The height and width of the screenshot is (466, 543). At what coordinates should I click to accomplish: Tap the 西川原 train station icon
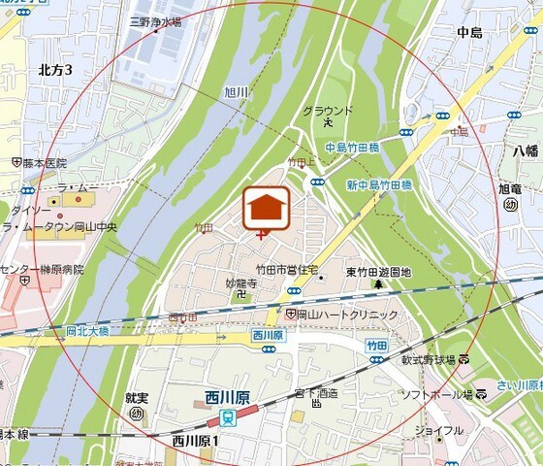click(226, 416)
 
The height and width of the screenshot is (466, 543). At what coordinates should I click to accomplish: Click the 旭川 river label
click(237, 92)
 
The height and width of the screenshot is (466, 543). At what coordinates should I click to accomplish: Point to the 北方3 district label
click(55, 69)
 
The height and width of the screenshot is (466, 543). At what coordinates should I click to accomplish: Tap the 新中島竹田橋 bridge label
click(379, 184)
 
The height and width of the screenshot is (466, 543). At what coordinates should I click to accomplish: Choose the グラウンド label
click(328, 111)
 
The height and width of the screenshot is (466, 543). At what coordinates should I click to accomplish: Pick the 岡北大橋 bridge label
click(90, 330)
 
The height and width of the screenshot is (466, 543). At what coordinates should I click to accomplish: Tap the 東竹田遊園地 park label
click(378, 273)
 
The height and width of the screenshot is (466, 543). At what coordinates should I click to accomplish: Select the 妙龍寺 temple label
click(240, 283)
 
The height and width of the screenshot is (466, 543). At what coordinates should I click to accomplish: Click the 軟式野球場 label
click(429, 359)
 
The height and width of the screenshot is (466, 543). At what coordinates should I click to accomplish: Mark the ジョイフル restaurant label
click(438, 430)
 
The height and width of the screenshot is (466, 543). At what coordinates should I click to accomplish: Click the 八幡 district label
click(525, 150)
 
